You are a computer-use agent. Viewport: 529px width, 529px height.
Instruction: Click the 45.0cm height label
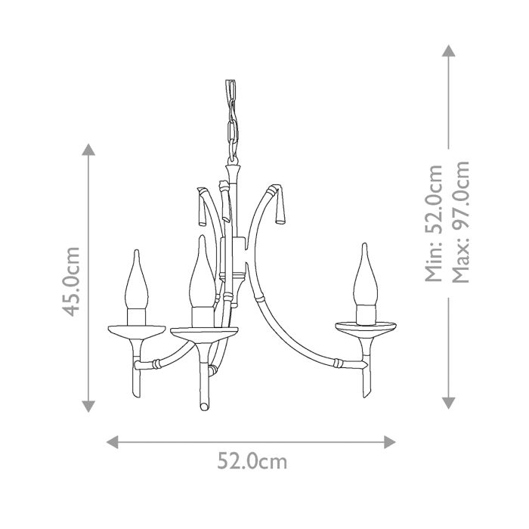73,280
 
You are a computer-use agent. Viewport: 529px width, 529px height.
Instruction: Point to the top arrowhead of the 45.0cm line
89,149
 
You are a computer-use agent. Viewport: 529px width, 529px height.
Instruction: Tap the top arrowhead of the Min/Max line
449,51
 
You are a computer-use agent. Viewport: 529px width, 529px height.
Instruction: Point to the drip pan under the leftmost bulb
136,331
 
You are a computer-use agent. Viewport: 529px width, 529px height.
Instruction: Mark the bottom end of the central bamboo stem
203,407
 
